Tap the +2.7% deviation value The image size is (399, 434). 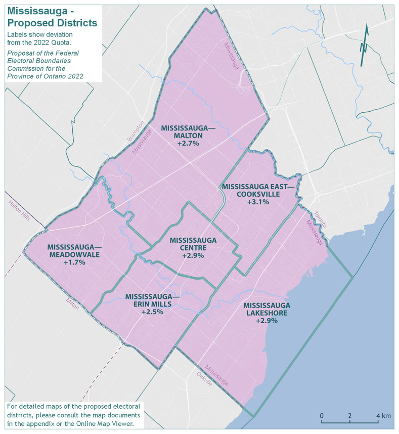(x=188, y=144)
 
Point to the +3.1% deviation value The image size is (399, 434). (x=258, y=202)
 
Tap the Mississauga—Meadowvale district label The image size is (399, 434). (x=74, y=251)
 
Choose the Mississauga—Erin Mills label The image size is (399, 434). (x=152, y=300)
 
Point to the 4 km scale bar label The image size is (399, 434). (x=383, y=416)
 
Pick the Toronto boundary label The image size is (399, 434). (x=321, y=219)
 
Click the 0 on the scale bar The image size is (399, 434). (x=322, y=416)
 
